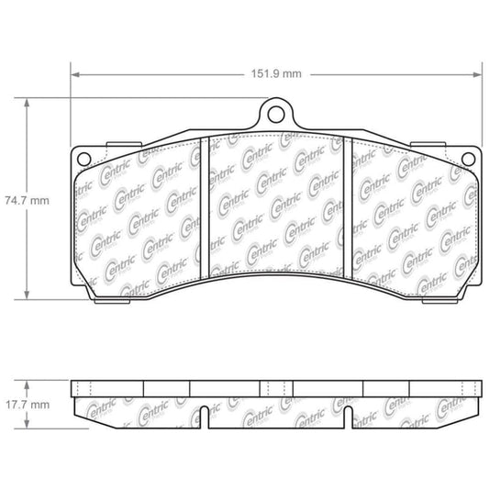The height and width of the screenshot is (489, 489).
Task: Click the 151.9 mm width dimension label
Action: pos(279,74)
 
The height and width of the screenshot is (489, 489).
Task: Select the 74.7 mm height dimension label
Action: pos(26,197)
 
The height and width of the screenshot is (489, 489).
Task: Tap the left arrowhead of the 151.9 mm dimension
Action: pos(73,74)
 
